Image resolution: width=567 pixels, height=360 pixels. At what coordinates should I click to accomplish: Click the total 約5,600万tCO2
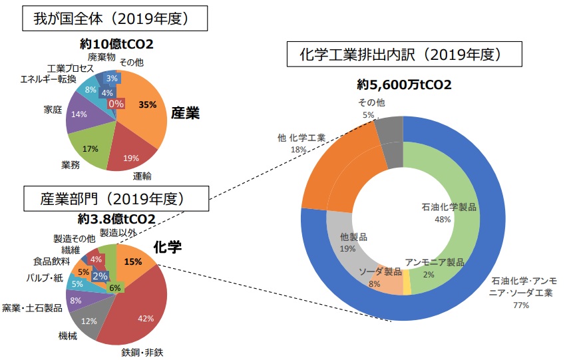(404, 85)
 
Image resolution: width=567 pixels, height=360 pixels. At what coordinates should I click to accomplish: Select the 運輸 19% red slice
(132, 154)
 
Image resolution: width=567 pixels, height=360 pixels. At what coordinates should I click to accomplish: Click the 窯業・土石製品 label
(33, 307)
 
